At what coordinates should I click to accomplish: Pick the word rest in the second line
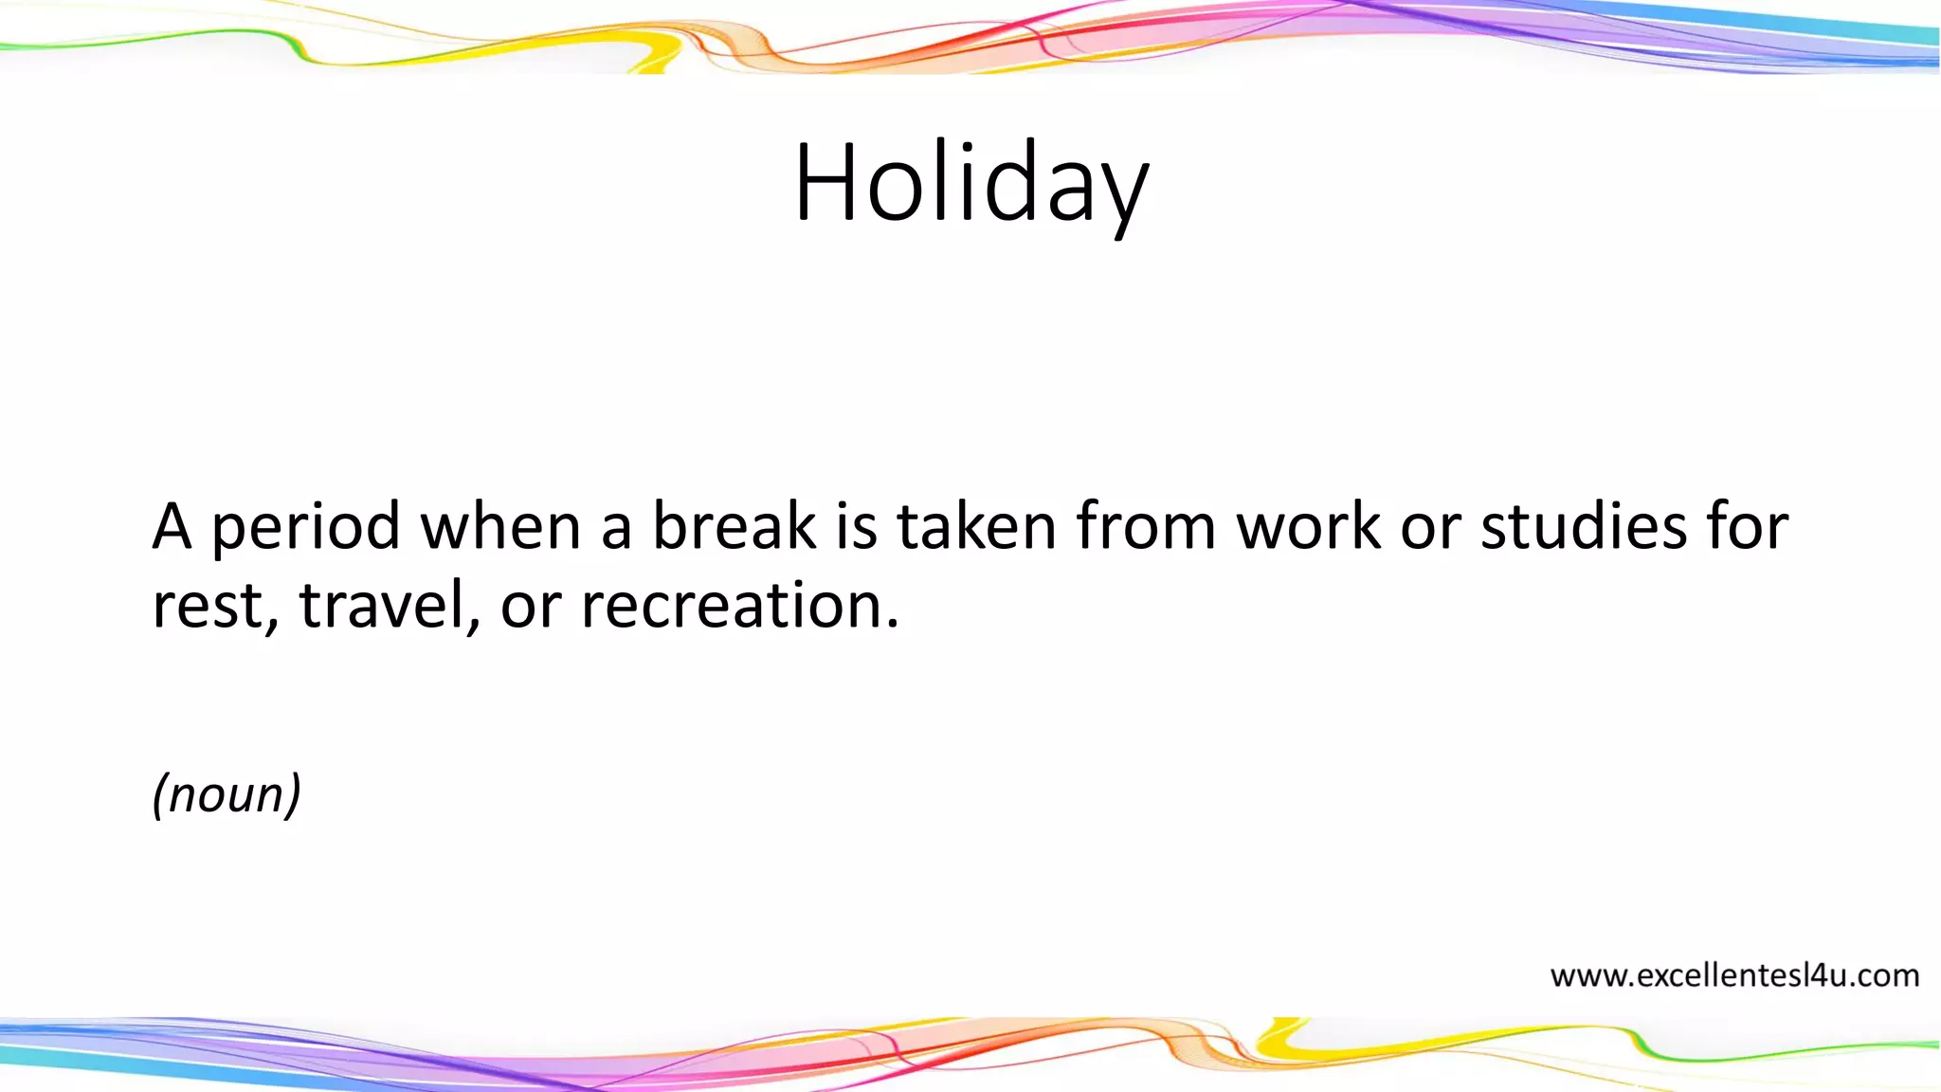[207, 607]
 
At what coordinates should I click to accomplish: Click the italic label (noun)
[227, 793]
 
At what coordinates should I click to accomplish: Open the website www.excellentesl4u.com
[1733, 975]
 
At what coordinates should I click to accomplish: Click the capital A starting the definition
[172, 527]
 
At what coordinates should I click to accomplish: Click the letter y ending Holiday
[1124, 194]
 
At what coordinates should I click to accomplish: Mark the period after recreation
[892, 627]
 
